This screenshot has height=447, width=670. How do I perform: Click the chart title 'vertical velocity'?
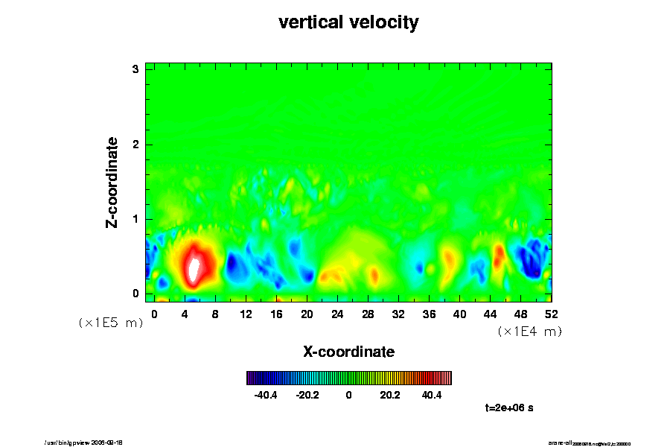348,22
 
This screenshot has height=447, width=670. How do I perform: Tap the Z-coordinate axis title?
112,182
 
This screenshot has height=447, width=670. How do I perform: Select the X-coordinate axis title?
348,351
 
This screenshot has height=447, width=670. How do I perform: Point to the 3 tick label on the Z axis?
136,69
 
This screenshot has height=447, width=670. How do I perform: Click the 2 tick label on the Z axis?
136,144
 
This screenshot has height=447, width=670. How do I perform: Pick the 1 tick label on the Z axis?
136,219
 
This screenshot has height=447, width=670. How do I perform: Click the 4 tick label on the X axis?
185,314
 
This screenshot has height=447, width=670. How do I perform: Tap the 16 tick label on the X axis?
276,314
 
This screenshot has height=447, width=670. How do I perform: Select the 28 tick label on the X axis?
368,314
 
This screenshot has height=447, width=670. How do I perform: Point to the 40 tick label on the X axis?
459,314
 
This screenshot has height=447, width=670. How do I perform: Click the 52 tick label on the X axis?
551,314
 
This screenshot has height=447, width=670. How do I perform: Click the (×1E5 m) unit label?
110,323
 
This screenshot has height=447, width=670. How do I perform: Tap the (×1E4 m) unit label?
529,332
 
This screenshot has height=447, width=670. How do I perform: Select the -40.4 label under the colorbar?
266,395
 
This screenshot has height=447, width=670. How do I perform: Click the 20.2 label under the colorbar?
390,395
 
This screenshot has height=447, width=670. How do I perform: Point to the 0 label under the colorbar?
348,395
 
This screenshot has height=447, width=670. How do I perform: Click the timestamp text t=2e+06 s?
509,408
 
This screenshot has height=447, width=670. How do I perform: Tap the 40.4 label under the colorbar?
432,395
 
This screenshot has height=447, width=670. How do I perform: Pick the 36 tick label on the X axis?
429,314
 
